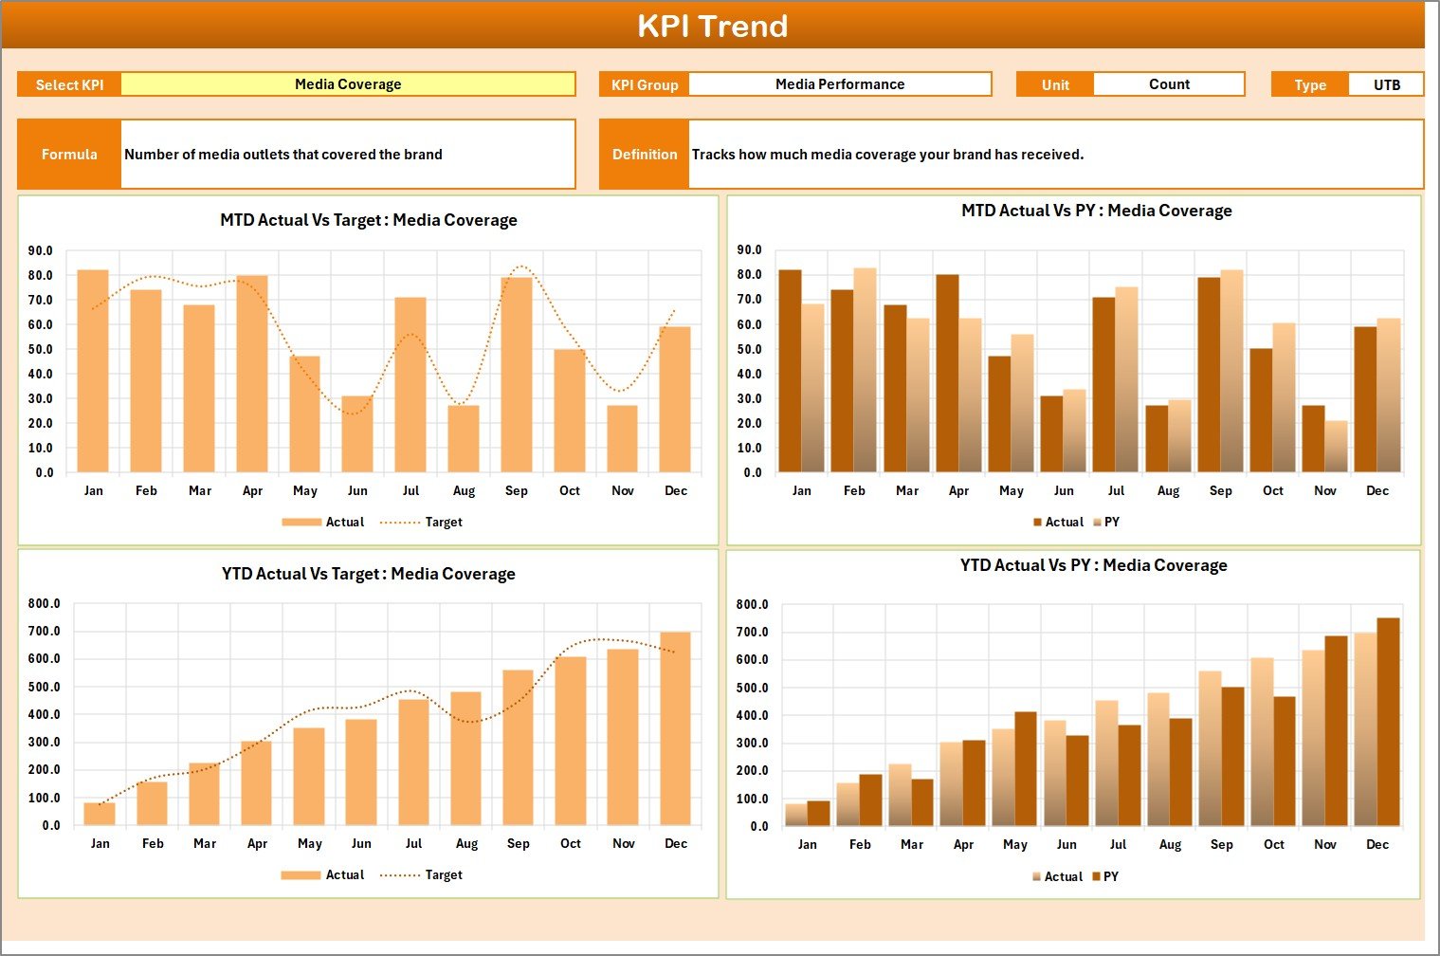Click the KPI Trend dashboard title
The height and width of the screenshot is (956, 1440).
712,26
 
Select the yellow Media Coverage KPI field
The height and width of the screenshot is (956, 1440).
348,84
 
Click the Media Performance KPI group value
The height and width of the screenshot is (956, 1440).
839,84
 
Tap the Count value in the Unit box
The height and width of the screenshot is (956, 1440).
1168,84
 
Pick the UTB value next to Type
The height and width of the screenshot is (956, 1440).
1386,84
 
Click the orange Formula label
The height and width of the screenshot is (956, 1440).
69,154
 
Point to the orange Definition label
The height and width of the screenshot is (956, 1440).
645,154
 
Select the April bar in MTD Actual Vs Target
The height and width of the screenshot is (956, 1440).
252,374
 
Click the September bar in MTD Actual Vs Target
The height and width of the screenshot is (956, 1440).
517,375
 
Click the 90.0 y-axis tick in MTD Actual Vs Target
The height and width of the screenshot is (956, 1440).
41,251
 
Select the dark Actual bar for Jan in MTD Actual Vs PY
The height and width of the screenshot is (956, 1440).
790,371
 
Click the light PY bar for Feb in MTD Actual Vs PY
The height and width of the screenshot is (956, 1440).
865,370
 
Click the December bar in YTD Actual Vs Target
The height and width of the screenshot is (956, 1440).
675,728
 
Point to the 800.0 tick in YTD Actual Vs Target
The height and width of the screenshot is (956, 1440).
44,603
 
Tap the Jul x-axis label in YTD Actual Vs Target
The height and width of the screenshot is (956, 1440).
413,843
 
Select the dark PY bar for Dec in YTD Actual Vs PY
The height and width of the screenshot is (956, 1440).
1388,722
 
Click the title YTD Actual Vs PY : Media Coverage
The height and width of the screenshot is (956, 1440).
1093,565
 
